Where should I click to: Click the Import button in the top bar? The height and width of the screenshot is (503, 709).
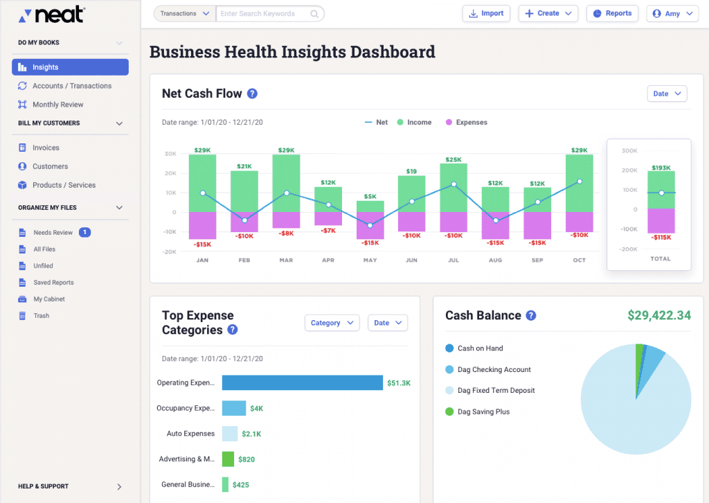click(486, 13)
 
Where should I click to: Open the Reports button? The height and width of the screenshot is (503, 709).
click(613, 13)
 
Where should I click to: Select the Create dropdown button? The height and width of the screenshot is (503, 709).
click(548, 13)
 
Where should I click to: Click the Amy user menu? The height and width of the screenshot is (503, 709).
click(672, 14)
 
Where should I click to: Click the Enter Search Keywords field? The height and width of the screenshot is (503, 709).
click(267, 14)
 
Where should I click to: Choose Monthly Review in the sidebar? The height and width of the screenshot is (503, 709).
click(57, 105)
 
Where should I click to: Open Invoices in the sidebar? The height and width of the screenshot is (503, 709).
click(46, 148)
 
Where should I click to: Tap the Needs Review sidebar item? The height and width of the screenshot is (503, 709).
click(53, 233)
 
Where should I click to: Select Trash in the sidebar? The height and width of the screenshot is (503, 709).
click(42, 316)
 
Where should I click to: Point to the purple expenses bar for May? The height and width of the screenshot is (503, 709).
click(370, 224)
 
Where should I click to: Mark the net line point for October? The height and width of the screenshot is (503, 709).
click(580, 182)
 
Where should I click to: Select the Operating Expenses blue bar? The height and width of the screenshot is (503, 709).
click(302, 382)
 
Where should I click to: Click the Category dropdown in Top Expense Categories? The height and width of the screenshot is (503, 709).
click(332, 323)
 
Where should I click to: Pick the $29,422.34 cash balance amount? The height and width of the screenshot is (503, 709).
click(658, 315)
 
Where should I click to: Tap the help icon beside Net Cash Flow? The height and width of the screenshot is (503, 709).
click(252, 94)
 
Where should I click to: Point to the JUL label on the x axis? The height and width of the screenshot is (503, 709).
click(453, 261)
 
